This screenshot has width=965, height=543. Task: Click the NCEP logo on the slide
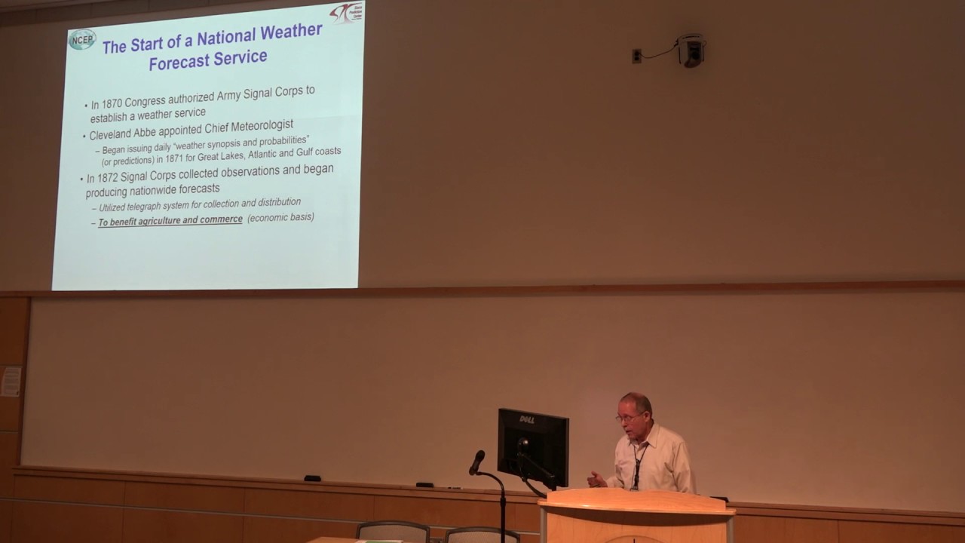(82, 39)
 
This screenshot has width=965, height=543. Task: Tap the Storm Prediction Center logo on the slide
(345, 13)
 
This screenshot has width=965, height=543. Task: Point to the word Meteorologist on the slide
(256, 124)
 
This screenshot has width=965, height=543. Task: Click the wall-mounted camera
(690, 51)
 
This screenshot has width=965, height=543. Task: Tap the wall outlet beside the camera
(637, 56)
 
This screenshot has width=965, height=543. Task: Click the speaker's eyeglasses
(630, 417)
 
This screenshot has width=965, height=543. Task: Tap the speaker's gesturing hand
(596, 479)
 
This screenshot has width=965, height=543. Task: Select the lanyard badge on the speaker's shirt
(636, 482)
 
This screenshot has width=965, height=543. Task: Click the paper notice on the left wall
(11, 382)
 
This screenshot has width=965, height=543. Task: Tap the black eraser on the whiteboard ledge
(312, 478)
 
